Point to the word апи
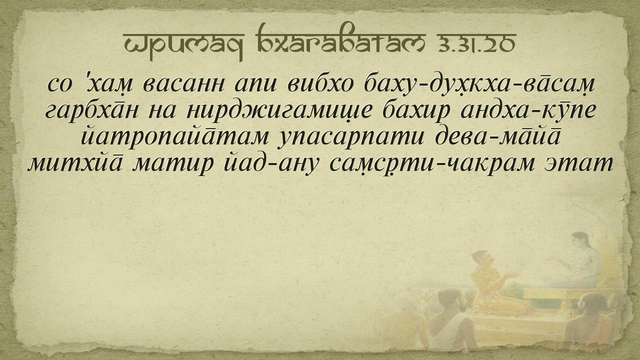click(x=255, y=85)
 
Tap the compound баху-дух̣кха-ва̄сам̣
click(x=481, y=84)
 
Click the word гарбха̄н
click(x=92, y=109)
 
